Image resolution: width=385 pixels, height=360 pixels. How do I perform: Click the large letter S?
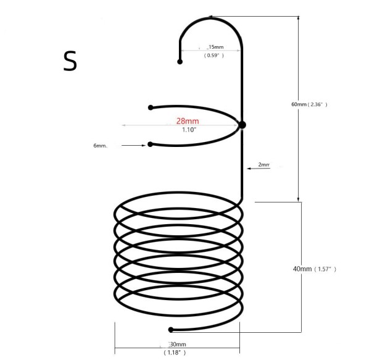pyautogui.click(x=70, y=61)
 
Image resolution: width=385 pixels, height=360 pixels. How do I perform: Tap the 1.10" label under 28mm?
pyautogui.click(x=189, y=131)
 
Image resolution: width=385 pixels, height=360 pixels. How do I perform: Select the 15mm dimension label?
pyautogui.click(x=215, y=47)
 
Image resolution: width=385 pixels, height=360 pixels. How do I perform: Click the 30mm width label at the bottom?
pyautogui.click(x=178, y=344)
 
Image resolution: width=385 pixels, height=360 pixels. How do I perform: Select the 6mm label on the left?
pyautogui.click(x=100, y=146)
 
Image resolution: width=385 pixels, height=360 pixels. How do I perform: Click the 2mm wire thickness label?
pyautogui.click(x=264, y=165)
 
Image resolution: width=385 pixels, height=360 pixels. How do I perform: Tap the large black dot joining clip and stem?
pyautogui.click(x=242, y=125)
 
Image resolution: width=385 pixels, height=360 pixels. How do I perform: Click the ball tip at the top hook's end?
pyautogui.click(x=180, y=62)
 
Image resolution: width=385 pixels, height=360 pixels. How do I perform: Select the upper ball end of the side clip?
pyautogui.click(x=151, y=107)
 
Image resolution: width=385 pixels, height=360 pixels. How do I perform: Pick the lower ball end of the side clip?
pyautogui.click(x=151, y=144)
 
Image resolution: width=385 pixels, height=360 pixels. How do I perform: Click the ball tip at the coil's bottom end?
pyautogui.click(x=172, y=330)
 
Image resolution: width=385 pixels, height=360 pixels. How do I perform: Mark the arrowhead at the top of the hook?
pyautogui.click(x=212, y=17)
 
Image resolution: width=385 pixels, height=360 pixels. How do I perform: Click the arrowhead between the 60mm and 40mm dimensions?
pyautogui.click(x=300, y=199)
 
